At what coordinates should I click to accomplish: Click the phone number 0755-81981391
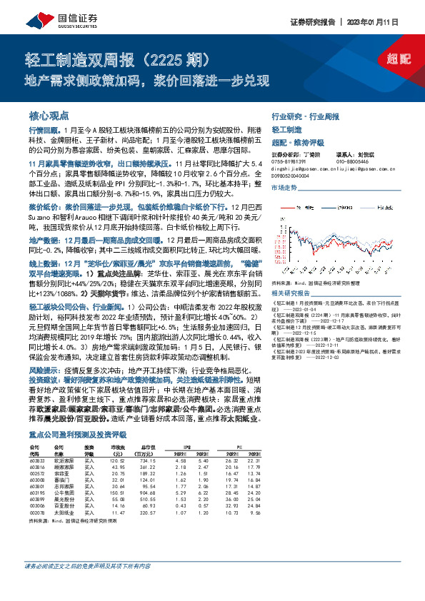[288, 161]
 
